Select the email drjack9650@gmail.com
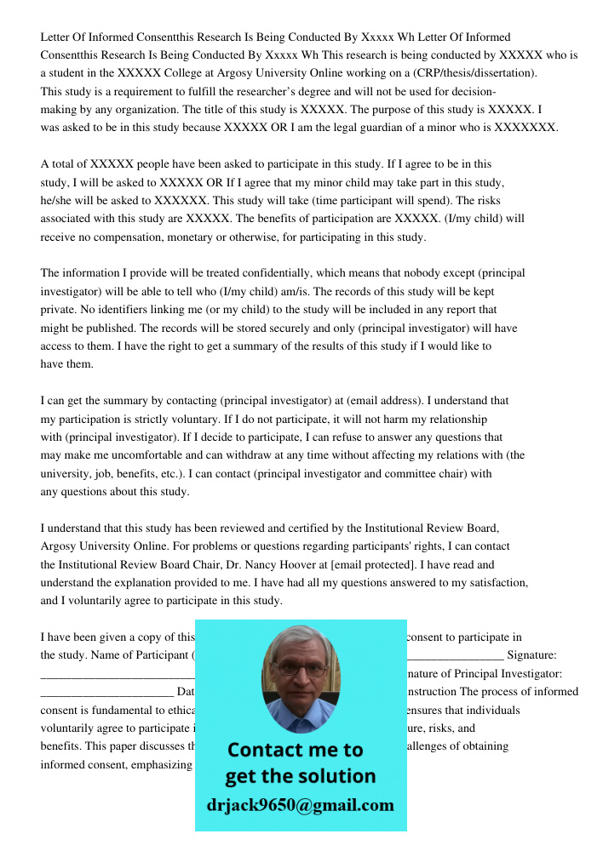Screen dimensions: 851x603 301,804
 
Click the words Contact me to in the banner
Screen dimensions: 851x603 295,750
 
